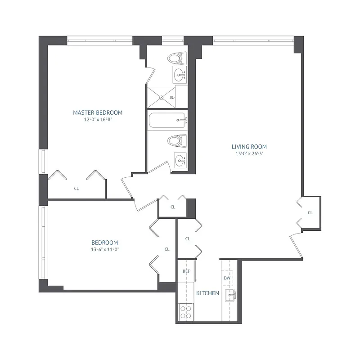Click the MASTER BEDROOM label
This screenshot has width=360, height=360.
point(98,112)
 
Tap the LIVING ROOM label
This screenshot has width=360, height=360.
point(249,147)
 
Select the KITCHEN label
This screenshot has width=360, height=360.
point(207,293)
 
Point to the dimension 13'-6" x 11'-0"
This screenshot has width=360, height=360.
point(104,249)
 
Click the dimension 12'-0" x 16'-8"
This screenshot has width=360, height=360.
point(98,120)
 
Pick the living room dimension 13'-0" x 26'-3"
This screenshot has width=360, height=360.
point(249,154)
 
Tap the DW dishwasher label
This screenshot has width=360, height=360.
point(227,278)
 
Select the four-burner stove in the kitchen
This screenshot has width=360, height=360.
point(186,311)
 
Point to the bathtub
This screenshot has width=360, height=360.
point(166,120)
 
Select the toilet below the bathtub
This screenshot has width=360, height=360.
point(177,141)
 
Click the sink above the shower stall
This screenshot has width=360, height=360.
point(180,73)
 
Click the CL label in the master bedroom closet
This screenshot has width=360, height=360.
point(76,189)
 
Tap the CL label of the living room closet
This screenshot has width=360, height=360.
point(310,212)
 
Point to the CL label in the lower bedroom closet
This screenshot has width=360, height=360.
point(167,249)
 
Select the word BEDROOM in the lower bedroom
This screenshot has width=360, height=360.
point(104,243)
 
